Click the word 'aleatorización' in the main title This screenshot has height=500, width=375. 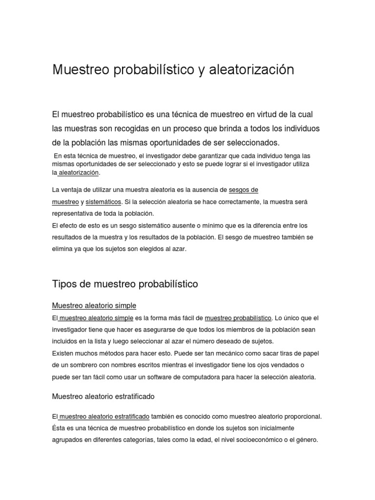click(x=251, y=70)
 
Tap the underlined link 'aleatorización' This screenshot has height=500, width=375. click(x=79, y=173)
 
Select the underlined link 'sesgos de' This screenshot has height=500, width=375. click(x=243, y=189)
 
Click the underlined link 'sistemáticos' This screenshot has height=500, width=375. click(x=103, y=202)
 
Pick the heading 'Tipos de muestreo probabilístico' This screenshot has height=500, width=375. click(x=125, y=284)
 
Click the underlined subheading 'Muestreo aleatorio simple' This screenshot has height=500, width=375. click(x=94, y=306)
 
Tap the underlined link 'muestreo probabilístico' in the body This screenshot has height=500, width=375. click(x=238, y=318)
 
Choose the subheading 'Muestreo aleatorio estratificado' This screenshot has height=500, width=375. click(x=103, y=396)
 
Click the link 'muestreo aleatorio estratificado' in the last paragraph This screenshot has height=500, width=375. click(x=104, y=417)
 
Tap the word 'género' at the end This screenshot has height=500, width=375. click(x=306, y=439)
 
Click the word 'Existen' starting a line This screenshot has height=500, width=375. click(x=63, y=353)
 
